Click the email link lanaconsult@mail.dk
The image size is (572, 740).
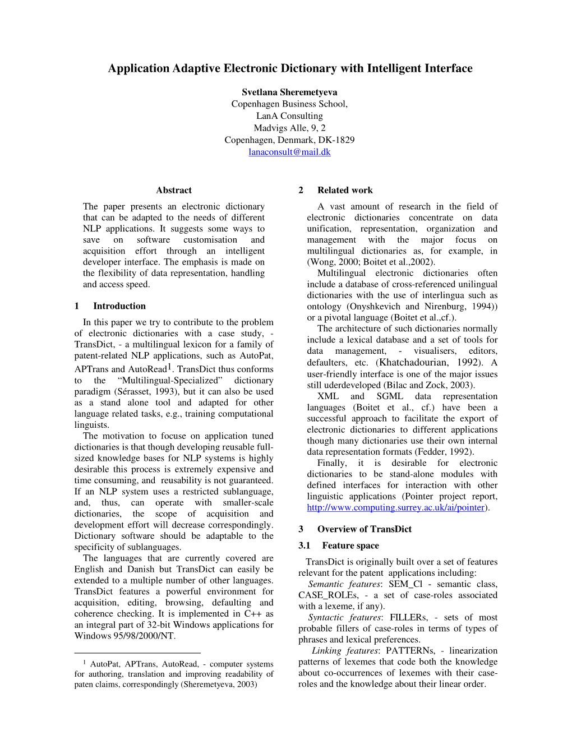(289, 152)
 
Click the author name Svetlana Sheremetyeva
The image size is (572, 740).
(289, 92)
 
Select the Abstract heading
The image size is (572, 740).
(174, 190)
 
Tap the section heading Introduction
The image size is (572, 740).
(119, 306)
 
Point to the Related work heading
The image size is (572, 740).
(344, 190)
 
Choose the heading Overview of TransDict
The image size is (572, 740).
(364, 529)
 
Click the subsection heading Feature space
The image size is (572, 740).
(350, 545)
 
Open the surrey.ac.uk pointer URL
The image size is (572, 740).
(395, 507)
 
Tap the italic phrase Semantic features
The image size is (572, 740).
(344, 584)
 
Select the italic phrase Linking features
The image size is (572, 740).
(345, 651)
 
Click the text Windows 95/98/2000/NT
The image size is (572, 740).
(124, 636)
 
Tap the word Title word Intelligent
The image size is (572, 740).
(394, 68)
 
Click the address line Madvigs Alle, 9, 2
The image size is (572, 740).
(289, 128)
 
